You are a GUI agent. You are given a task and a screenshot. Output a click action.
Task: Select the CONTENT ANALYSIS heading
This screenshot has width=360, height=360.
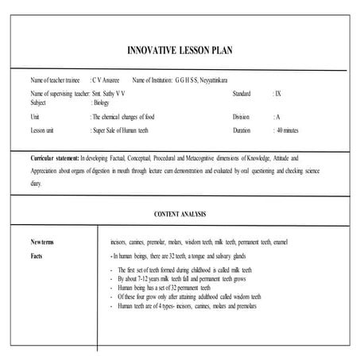(180, 215)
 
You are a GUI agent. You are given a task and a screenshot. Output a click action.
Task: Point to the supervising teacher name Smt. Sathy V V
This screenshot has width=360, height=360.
(109, 94)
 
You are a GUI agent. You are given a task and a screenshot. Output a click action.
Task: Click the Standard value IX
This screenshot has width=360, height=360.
(277, 94)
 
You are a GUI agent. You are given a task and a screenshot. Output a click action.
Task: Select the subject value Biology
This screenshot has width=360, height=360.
(102, 103)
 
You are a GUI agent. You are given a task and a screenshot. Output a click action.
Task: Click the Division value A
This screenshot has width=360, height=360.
(277, 116)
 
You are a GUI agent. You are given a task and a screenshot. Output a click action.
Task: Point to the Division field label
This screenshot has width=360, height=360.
(241, 116)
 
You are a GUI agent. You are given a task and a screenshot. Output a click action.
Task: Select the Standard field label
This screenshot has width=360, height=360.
(242, 94)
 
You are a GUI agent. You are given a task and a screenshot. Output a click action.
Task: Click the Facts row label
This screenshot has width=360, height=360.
(37, 256)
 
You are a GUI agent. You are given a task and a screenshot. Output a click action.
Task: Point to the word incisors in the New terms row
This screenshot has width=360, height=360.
(122, 240)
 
